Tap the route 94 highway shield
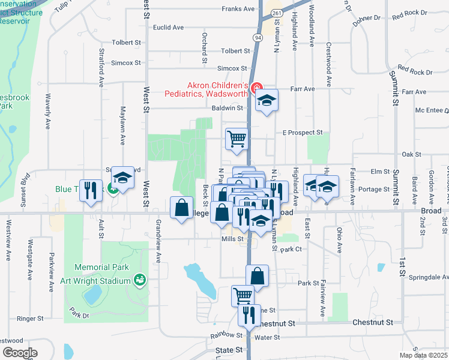pos(258,38)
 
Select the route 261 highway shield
pos(276,12)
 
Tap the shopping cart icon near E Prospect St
pos(237,139)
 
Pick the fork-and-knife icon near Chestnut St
pos(249,314)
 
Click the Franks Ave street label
pos(238,9)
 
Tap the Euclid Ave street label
pos(168,28)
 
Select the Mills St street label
pos(232,239)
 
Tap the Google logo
pos(19,352)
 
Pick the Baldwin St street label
pos(227,108)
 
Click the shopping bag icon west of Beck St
pos(182,208)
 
